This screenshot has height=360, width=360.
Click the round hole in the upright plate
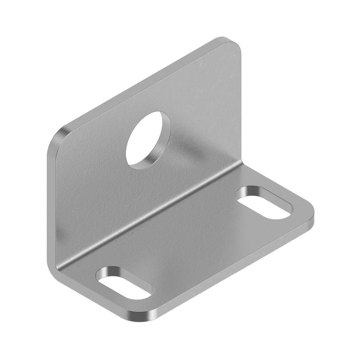[x=148, y=139]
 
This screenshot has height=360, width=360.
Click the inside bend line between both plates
[x=148, y=211]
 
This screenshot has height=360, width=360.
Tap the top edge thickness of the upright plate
[x=144, y=81]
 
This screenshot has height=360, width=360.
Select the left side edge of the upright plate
[x=50, y=202]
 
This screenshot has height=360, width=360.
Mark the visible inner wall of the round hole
[x=162, y=148]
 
